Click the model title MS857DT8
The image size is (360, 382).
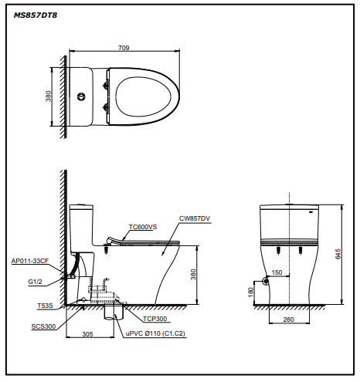pyautogui.click(x=35, y=13)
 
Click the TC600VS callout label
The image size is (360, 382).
pyautogui.click(x=143, y=227)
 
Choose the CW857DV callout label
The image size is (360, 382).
pyautogui.click(x=195, y=218)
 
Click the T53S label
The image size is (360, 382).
pyautogui.click(x=45, y=306)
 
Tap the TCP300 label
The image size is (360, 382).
pyautogui.click(x=154, y=317)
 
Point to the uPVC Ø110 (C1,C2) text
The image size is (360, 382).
pyautogui.click(x=157, y=333)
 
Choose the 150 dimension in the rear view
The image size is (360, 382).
pyautogui.click(x=276, y=272)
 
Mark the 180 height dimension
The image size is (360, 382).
pyautogui.click(x=250, y=292)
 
